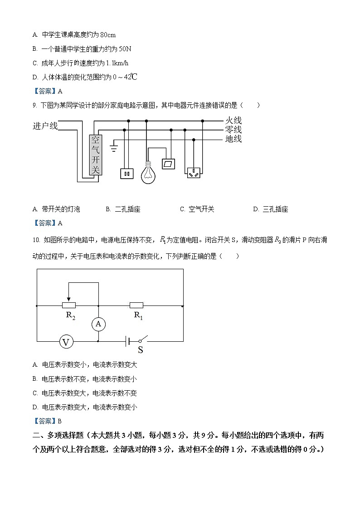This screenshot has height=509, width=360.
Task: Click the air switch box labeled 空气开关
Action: point(95,155)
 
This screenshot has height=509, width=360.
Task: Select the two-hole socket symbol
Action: point(126,173)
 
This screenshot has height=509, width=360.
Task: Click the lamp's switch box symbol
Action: point(169,164)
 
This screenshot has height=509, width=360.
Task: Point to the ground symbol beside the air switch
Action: point(114,147)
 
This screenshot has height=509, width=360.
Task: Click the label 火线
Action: point(233,121)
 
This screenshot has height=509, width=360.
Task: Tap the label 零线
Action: point(233,130)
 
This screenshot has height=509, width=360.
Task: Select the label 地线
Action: point(233,139)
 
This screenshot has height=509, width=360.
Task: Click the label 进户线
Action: point(45,126)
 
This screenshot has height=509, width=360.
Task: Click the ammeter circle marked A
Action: point(98,324)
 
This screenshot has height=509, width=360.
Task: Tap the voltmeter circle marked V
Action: point(66,342)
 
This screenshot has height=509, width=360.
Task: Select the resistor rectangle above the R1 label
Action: point(136,305)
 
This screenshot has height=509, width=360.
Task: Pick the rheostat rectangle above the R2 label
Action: point(69,305)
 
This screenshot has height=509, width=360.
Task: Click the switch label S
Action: point(141,349)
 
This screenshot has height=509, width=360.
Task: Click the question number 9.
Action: point(34,105)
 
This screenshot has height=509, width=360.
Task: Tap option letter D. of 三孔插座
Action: point(256,209)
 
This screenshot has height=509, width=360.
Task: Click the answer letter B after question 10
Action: point(59,421)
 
